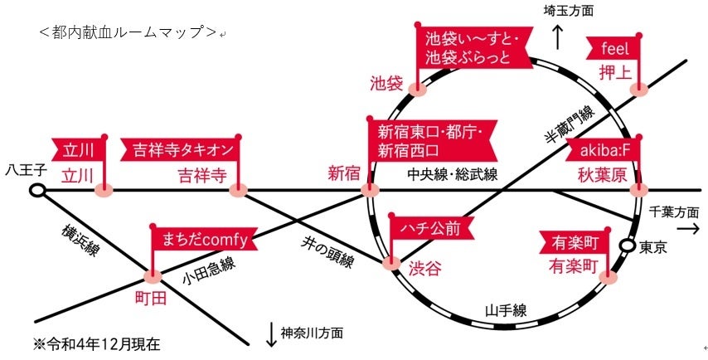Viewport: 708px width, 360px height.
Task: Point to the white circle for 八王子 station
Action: [x=37, y=192]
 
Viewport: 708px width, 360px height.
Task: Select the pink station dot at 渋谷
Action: [x=391, y=265]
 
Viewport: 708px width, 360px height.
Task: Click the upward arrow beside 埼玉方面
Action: [x=557, y=36]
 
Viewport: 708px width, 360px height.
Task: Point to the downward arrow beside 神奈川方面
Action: [x=270, y=333]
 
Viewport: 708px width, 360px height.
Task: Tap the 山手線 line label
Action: [x=506, y=311]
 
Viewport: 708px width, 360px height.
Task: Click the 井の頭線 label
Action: [x=327, y=251]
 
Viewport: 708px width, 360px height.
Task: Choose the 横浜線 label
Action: [x=80, y=241]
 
